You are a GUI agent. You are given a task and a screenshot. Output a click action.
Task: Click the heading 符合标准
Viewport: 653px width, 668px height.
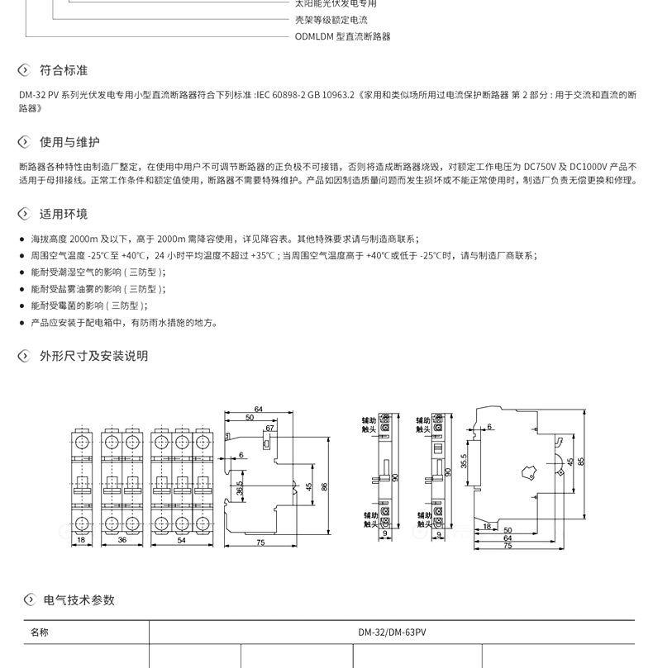pos(64,70)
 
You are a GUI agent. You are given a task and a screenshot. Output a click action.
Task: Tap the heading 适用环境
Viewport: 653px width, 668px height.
pos(64,214)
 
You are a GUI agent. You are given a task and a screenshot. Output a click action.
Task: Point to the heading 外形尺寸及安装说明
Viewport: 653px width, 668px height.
pos(93,356)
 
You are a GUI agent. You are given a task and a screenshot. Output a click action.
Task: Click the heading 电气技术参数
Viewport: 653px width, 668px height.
pos(79,599)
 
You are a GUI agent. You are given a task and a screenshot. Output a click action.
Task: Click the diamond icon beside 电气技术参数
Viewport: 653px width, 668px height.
pos(30,599)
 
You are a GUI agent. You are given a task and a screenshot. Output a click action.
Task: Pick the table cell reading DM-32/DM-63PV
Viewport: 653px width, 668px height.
pos(392,632)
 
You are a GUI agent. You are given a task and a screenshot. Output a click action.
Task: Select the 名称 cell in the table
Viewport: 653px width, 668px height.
pos(40,632)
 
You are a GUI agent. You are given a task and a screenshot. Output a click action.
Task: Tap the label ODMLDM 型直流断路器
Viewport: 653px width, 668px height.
pos(342,36)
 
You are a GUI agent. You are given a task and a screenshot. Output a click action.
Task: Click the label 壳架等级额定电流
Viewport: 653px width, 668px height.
pos(331,20)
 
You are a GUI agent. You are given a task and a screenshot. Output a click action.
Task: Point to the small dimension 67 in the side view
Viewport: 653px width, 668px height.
pos(269,429)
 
